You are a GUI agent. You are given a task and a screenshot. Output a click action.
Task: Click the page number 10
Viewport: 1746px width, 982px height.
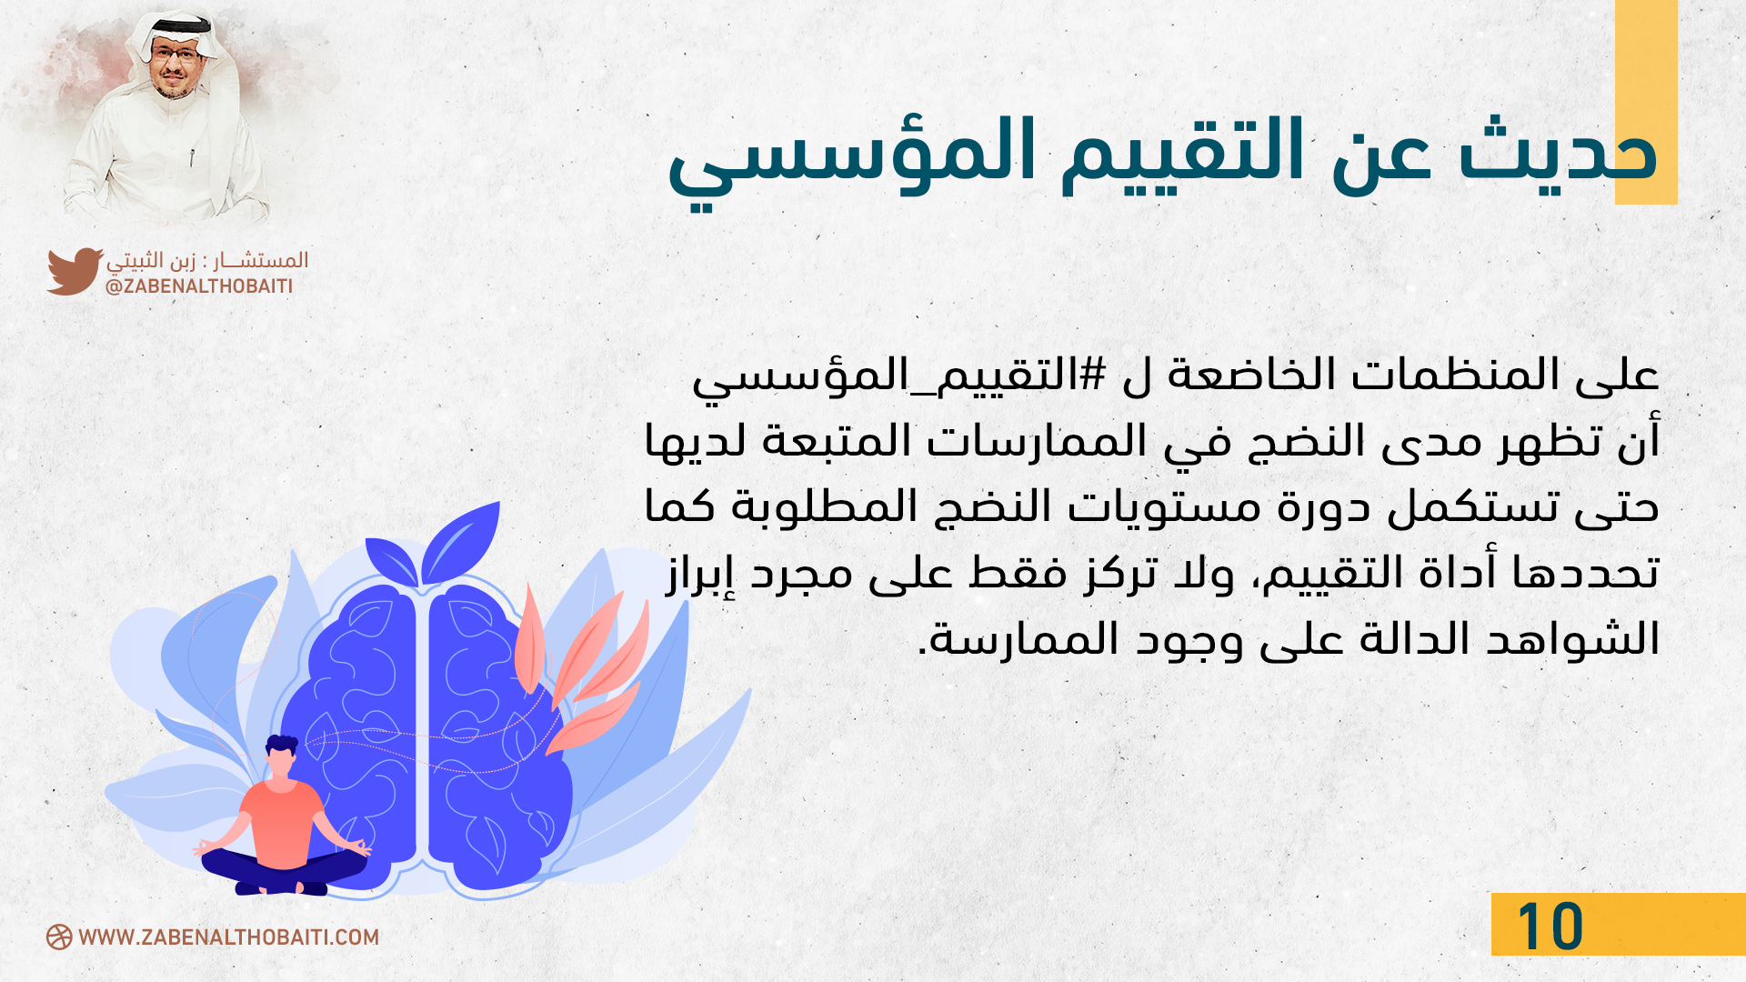pyautogui.click(x=1550, y=927)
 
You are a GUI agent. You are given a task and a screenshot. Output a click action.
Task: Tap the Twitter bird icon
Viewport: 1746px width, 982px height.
pyautogui.click(x=75, y=271)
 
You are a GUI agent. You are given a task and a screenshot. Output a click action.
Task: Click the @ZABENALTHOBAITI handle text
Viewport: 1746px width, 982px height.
pyautogui.click(x=199, y=286)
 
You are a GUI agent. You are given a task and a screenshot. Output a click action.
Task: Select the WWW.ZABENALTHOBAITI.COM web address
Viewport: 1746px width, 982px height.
pyautogui.click(x=229, y=937)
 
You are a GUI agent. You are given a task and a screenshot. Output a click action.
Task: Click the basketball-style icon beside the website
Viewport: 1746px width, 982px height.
pyautogui.click(x=59, y=937)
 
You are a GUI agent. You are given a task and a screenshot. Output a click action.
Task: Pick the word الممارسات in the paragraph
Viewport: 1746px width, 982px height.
pyautogui.click(x=1037, y=441)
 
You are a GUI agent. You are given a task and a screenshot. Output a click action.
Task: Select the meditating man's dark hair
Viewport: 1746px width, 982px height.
pyautogui.click(x=282, y=746)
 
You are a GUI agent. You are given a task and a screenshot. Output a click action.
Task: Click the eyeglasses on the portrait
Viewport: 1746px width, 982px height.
pyautogui.click(x=176, y=54)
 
